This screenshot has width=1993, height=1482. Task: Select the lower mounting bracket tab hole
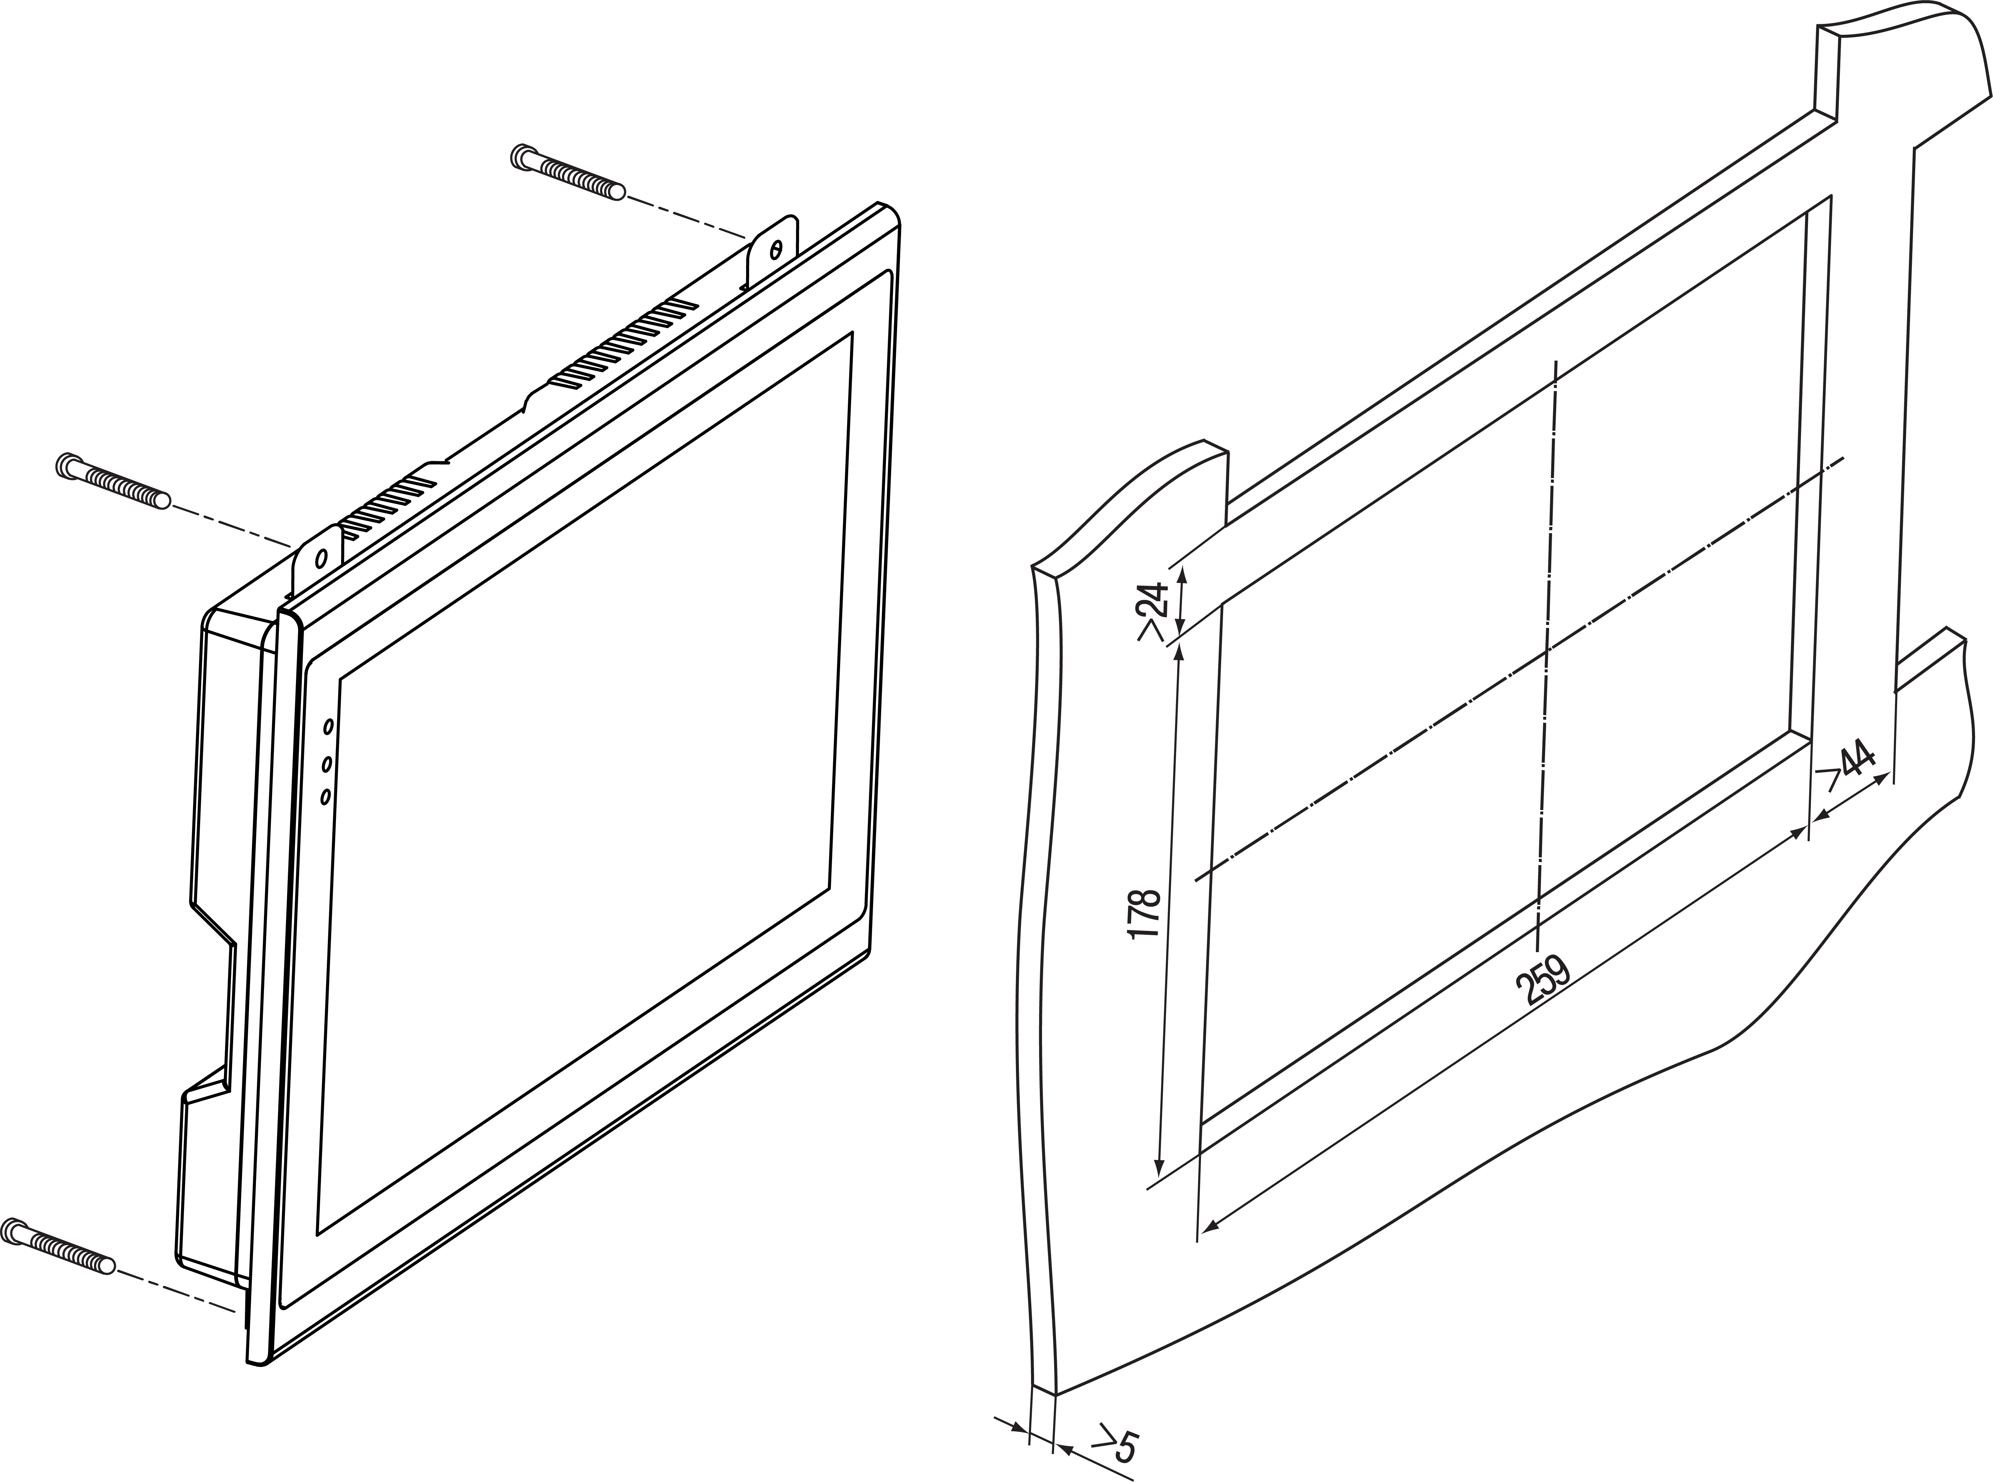pyautogui.click(x=320, y=558)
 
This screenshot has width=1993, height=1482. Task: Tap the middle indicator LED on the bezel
pyautogui.click(x=326, y=763)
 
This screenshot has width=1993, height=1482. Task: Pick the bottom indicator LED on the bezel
pyautogui.click(x=325, y=796)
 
